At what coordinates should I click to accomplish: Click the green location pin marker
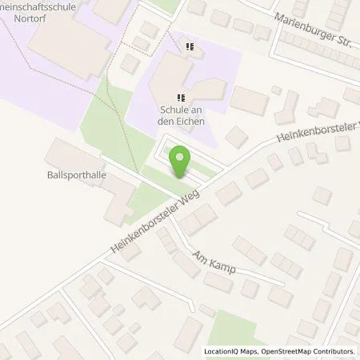tap(181, 162)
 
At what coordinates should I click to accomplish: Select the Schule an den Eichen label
tap(182, 115)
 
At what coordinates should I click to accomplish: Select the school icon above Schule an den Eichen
tap(170, 98)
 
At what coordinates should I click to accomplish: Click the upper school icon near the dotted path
tap(189, 47)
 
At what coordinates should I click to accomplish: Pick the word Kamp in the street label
tap(223, 266)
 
